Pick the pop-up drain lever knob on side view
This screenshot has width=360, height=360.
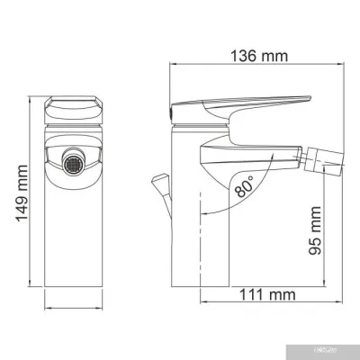[162, 184]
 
